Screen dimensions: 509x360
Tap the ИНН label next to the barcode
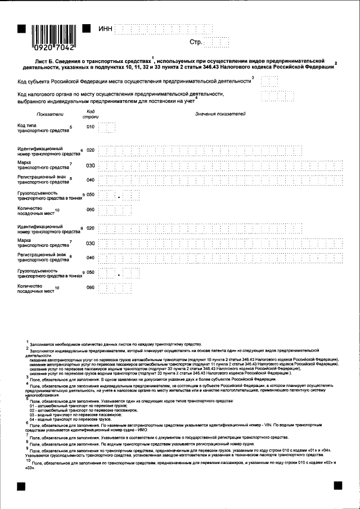coord(105,28)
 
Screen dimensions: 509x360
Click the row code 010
coord(90,128)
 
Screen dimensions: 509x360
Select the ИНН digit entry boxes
coord(164,28)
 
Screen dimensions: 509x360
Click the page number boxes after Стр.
coord(217,42)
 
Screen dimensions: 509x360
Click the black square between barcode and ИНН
coord(87,28)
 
